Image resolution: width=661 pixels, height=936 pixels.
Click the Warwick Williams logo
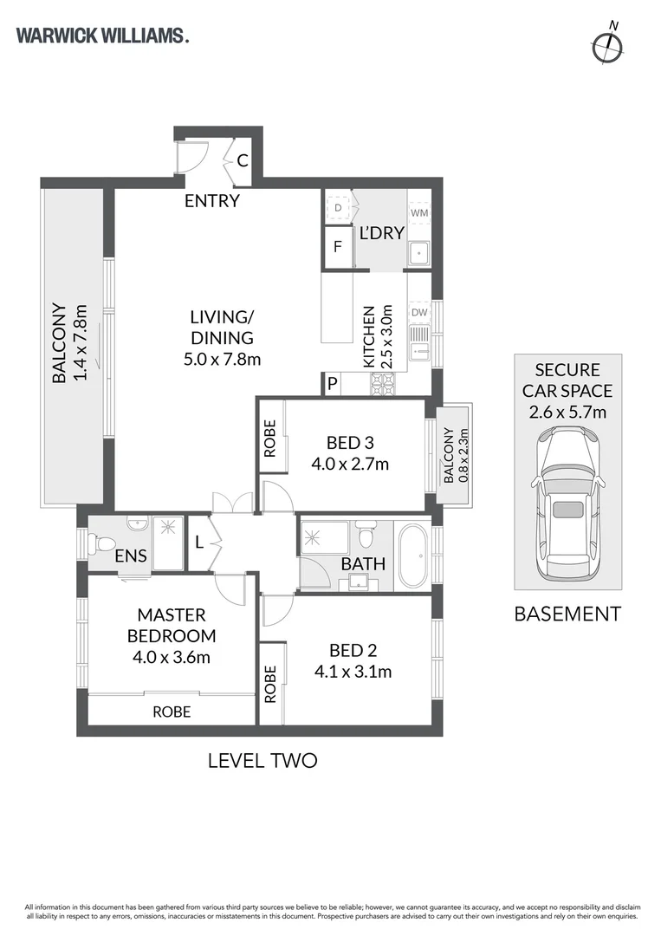102,36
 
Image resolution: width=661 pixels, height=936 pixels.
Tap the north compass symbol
608,44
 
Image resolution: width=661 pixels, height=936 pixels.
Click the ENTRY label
211,201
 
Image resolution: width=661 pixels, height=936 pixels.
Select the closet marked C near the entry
243,160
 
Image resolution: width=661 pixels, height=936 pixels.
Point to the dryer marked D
338,208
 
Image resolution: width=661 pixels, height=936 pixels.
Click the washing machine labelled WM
419,212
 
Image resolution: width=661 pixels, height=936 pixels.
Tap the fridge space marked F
338,246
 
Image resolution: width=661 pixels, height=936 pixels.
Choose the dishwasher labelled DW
419,312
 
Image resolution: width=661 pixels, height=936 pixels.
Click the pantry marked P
333,384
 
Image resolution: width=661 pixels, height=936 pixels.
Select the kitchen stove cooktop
383,384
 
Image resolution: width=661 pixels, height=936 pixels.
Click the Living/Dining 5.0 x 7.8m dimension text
222,360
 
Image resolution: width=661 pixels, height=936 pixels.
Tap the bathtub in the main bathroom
413,556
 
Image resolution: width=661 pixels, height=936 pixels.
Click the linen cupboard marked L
199,543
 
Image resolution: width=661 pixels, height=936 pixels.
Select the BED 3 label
350,443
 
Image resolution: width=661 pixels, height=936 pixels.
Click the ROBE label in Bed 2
270,684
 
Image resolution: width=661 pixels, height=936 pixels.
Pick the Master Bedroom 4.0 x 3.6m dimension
172,657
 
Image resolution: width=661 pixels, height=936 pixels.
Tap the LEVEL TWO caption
262,761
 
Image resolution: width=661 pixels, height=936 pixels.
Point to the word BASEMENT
567,614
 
